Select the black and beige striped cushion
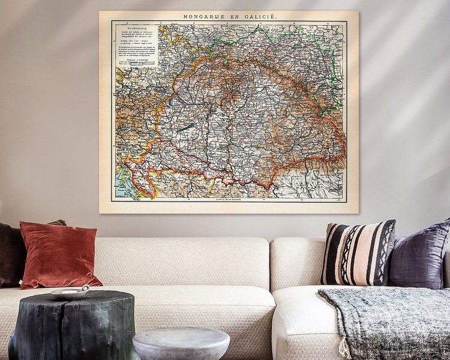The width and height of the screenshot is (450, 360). pos(358,252)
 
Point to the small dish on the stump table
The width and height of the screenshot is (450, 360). pos(69,292)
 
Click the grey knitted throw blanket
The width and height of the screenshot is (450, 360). pos(390,318)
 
